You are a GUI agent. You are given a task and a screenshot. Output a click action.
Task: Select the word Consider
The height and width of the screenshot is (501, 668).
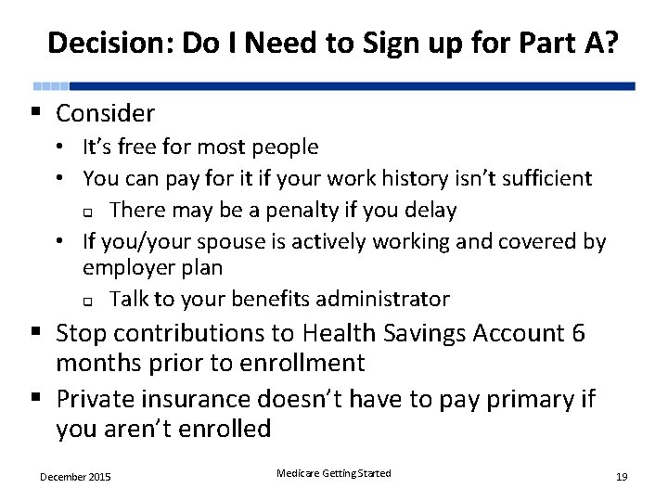click(x=105, y=114)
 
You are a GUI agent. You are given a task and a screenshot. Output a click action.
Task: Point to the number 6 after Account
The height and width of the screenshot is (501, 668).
click(x=578, y=332)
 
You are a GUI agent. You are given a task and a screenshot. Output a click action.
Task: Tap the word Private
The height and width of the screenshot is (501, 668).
click(x=96, y=399)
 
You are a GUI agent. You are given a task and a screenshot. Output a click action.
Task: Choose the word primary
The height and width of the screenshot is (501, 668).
click(x=523, y=399)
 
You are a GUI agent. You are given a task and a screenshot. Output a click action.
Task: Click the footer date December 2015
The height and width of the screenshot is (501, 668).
click(x=75, y=477)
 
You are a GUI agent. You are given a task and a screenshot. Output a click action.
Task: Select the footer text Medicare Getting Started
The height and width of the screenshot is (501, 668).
click(x=334, y=474)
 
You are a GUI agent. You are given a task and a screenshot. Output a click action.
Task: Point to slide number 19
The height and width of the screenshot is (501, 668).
click(x=622, y=477)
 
